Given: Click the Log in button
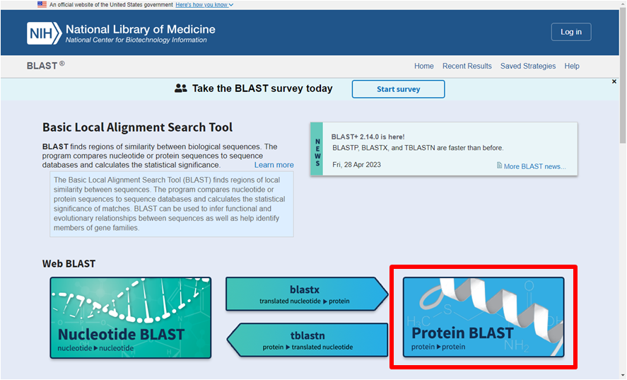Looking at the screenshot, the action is pos(571,32).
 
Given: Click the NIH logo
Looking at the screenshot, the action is pos(44,33).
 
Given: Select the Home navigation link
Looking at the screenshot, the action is pos(424,66).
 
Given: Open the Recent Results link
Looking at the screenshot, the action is pos(467,66).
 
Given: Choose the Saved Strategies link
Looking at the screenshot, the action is pos(528,66).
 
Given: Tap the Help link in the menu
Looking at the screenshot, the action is pos(572,66).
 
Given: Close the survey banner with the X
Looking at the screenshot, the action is pos(614,81).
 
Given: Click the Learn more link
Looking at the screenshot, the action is pos(274,165).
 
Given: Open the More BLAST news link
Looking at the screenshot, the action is pos(532,166).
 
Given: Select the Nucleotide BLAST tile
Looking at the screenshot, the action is pos(131,318).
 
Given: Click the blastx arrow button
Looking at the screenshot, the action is pos(307,294).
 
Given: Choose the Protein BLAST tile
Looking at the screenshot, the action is pos(484,317).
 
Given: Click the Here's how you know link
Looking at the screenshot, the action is pos(204,5).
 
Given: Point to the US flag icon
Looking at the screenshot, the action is pos(42,4).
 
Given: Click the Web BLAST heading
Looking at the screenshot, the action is pos(69,264).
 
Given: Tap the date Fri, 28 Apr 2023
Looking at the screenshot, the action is pos(356,165).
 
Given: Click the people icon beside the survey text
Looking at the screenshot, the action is pos(181,88).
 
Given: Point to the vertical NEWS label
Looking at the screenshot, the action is pos(317,153).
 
